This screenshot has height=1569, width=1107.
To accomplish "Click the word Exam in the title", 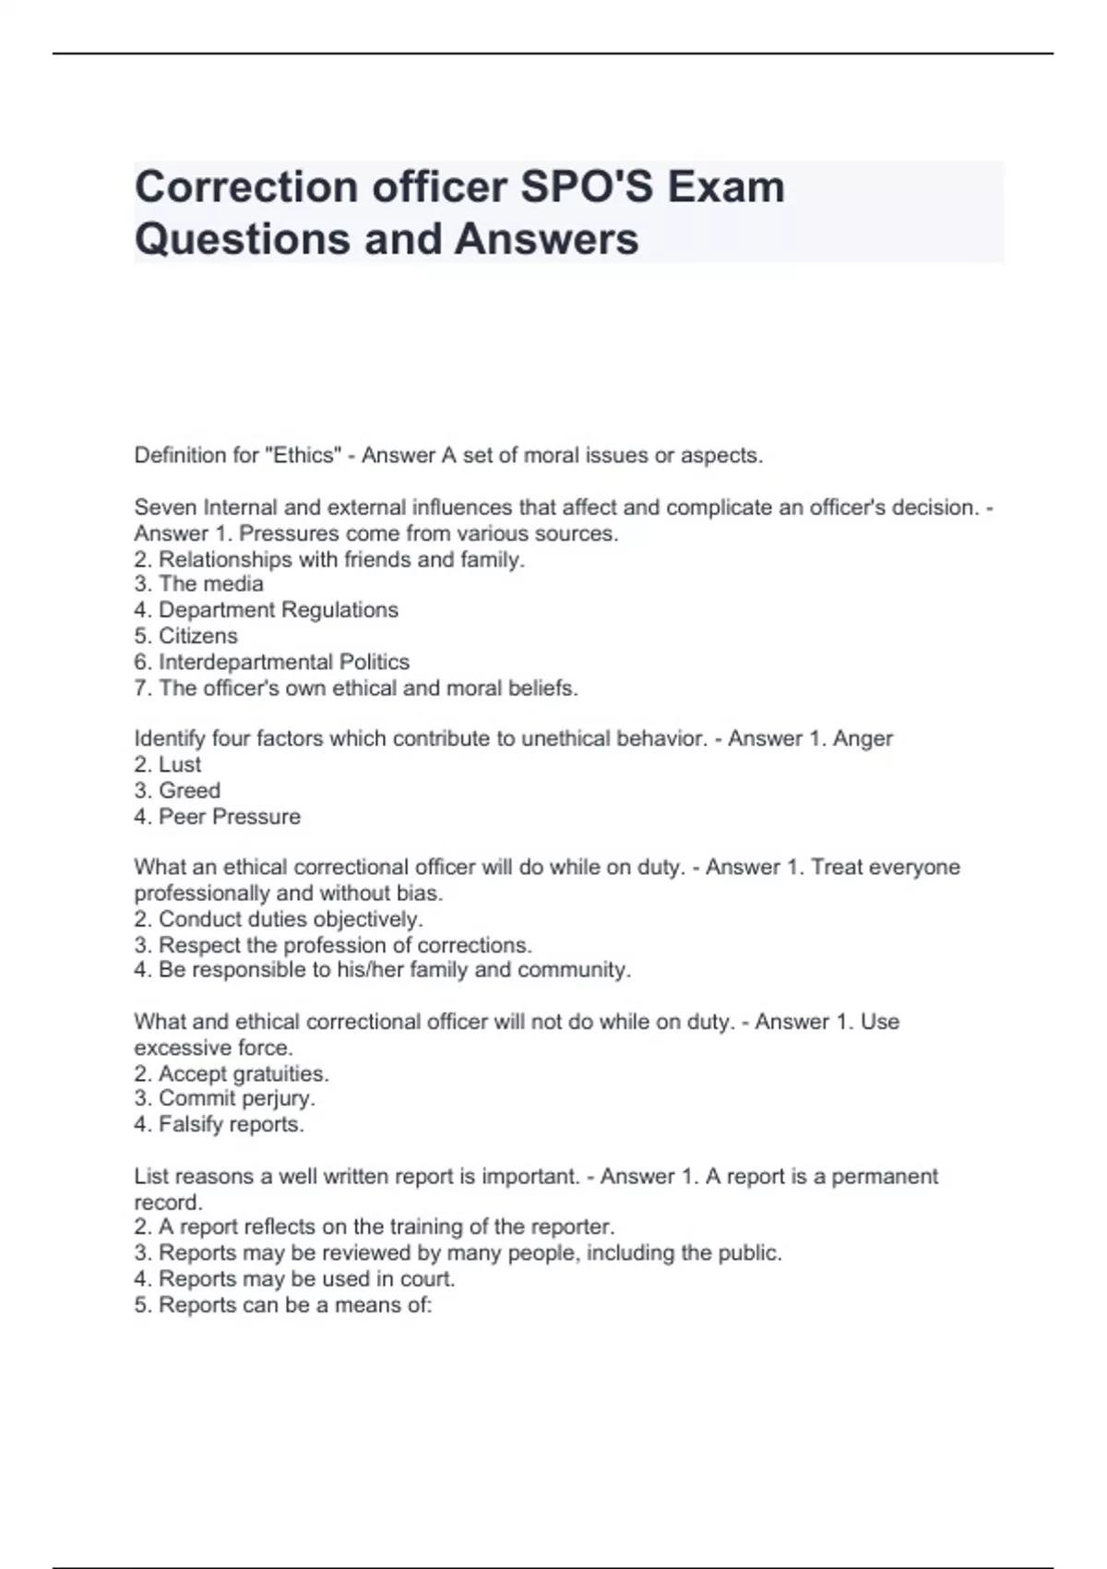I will point(726,187).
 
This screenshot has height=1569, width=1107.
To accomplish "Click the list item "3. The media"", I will point(198,584).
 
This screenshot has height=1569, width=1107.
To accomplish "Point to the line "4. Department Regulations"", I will point(266,610).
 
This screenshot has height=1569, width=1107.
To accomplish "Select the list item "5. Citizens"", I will point(185,636).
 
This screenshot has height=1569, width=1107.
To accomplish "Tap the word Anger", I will point(863,738).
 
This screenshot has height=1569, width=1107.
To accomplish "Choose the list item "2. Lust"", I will point(167,764).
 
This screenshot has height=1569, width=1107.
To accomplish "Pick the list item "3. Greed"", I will point(177,791).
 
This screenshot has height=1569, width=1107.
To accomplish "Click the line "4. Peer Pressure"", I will point(217,817).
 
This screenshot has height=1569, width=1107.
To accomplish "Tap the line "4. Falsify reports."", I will point(219,1124).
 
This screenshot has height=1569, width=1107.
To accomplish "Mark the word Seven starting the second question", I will point(165,508).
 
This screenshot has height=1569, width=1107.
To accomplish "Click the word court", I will point(427,1279).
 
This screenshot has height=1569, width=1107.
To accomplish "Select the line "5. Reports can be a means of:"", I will point(283,1305).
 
